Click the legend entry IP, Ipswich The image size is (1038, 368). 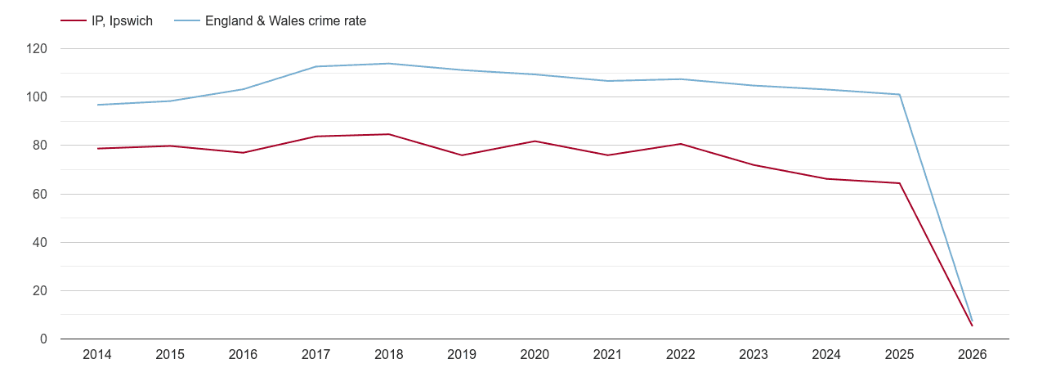coord(122,21)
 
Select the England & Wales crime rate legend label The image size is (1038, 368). coord(285,21)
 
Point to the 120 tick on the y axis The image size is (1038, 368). coord(37,49)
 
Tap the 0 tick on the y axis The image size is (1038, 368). coord(43,339)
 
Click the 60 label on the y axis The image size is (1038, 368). coord(40,195)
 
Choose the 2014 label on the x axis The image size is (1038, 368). coord(97,355)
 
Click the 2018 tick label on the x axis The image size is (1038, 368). coord(389,355)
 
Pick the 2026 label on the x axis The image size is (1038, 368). coord(973,355)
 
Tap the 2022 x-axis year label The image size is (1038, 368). coord(681,355)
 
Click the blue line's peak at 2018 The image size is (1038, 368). coord(389,64)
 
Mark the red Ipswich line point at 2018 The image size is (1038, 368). coord(389,134)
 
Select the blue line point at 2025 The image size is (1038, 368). coord(900,94)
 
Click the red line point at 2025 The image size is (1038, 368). coord(900,183)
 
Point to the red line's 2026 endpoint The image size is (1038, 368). coord(972,325)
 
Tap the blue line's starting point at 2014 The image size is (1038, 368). coord(97,105)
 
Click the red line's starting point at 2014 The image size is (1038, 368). coord(97,148)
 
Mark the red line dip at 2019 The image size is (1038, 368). coord(462,155)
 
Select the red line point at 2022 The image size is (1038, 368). coord(681,144)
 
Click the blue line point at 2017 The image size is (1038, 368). coord(316,66)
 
